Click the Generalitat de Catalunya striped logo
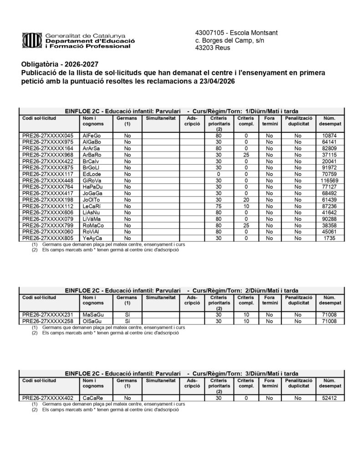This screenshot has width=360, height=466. (x=31, y=41)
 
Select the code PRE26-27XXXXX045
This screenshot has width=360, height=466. (x=48, y=136)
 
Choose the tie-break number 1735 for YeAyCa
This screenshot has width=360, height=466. (x=330, y=238)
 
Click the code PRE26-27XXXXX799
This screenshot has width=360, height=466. (x=48, y=225)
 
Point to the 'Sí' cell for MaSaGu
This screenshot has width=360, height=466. (x=127, y=315)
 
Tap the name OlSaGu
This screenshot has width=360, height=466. (x=92, y=321)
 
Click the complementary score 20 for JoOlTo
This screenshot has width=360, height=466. (x=246, y=200)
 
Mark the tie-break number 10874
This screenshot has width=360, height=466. (x=330, y=136)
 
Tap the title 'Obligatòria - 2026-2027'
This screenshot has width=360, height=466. (x=60, y=64)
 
